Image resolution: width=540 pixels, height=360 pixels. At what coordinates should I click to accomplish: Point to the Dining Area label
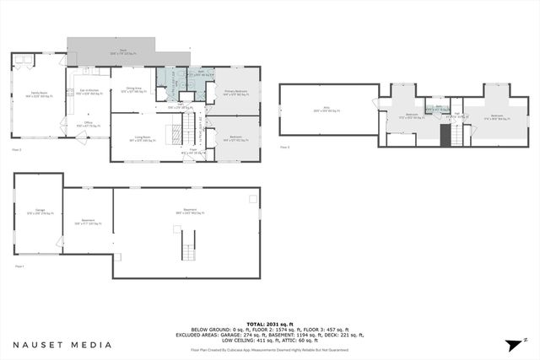pos(133,89)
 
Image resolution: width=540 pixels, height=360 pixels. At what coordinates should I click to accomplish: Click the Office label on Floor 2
pos(89,125)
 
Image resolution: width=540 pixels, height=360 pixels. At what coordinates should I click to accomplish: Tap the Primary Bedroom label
pos(235,93)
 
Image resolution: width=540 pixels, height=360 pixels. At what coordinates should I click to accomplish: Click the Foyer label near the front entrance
pos(192,151)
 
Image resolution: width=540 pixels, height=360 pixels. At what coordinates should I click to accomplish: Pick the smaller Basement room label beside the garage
pos(88,223)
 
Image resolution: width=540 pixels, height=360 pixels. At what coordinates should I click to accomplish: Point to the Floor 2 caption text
pos(15,149)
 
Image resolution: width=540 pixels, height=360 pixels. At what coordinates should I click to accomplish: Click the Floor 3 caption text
pos(284,148)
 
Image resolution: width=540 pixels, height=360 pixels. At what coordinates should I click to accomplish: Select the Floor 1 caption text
pos(19,265)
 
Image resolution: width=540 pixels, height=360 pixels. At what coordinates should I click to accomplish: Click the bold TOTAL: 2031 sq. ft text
pos(270,324)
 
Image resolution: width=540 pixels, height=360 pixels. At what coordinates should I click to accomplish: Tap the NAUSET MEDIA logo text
pos(62,345)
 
